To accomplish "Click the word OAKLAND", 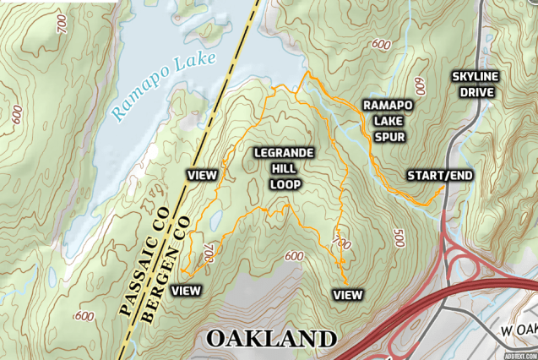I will [x=270, y=339].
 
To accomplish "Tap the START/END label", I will [x=440, y=175].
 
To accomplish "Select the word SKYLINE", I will [x=476, y=76].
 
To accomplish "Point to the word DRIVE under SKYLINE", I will [x=476, y=92].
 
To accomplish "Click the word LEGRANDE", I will [x=285, y=152].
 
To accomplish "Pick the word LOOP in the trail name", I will [x=285, y=183].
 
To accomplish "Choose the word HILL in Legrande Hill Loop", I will [x=285, y=167].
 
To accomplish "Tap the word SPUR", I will [x=388, y=136].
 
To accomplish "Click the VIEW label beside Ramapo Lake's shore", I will [x=202, y=175].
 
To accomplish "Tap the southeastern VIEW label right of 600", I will [x=347, y=294].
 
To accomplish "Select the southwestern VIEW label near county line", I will [x=186, y=290].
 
